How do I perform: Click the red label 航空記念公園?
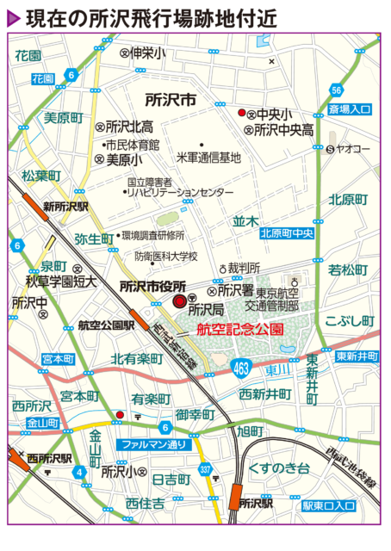(x=239, y=330)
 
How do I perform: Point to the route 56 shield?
(x=337, y=91)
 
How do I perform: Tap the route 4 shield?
(x=78, y=472)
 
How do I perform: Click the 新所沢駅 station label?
(x=68, y=207)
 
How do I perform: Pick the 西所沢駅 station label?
(x=49, y=458)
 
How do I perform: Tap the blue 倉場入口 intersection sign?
(x=350, y=110)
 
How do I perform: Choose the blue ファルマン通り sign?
(x=152, y=445)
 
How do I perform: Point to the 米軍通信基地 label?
(x=208, y=158)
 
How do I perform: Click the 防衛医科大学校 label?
(x=166, y=256)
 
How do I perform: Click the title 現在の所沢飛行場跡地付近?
(x=151, y=19)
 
